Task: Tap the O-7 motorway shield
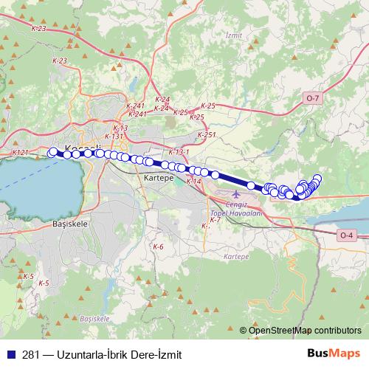coord(313,97)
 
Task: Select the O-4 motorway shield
coord(347,235)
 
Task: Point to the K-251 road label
coord(207,134)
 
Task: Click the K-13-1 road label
coord(179,152)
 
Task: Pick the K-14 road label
coord(193,181)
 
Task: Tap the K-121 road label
coord(20,152)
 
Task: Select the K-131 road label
coord(114,136)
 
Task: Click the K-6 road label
coord(158,246)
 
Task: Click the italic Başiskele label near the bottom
coord(94,318)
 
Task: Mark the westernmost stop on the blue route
coord(52,152)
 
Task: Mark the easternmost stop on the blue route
coord(318,178)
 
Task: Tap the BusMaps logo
coord(333,354)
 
